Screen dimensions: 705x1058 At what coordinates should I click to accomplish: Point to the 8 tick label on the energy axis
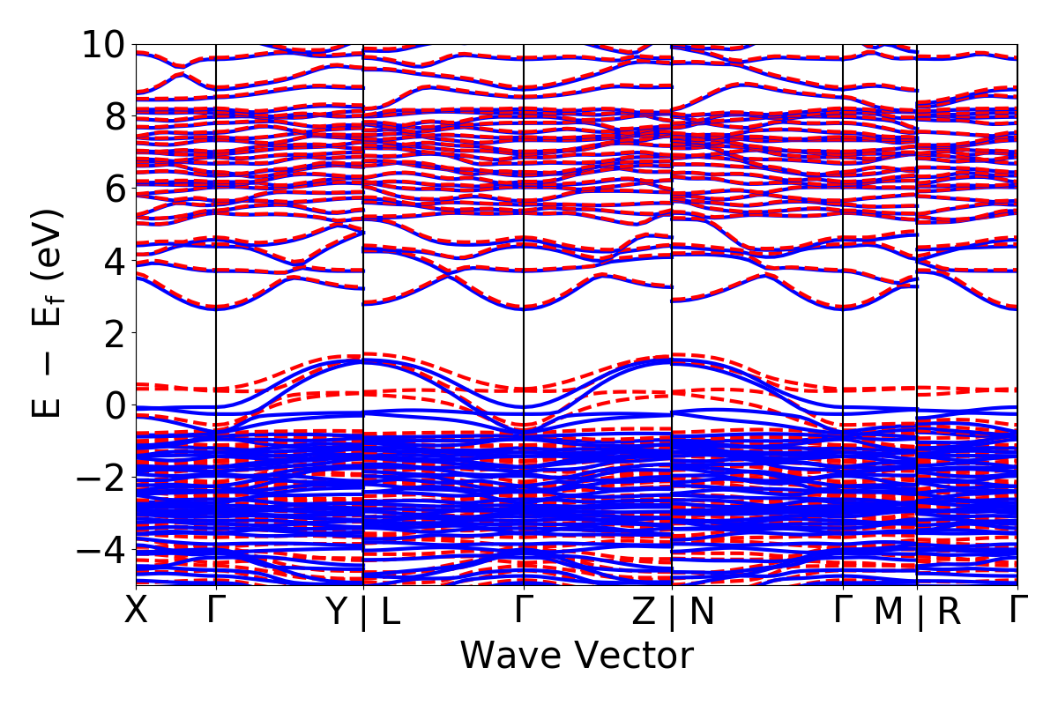(x=115, y=116)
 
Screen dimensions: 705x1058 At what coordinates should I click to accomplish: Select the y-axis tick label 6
(x=115, y=189)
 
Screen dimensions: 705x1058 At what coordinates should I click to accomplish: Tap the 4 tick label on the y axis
(x=115, y=261)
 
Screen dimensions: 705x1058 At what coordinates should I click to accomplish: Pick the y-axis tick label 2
(x=115, y=333)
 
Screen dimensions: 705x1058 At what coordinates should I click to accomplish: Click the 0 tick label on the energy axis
(x=115, y=405)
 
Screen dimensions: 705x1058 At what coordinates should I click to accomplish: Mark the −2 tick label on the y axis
(x=104, y=478)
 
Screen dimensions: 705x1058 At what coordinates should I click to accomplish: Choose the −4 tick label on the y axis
(x=104, y=550)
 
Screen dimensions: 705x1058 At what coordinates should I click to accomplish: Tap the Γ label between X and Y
(x=216, y=610)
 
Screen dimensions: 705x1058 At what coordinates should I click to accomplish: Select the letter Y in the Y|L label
(x=338, y=612)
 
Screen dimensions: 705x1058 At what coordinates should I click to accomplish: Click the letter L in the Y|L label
(x=390, y=612)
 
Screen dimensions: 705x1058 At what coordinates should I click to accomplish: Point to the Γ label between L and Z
(x=525, y=610)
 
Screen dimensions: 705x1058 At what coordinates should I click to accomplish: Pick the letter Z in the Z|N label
(x=645, y=612)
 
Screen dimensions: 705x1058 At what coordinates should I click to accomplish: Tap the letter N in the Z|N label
(x=701, y=612)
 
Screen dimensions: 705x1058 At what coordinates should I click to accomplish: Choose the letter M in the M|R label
(x=889, y=612)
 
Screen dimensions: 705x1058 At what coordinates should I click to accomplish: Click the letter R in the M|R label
(x=949, y=612)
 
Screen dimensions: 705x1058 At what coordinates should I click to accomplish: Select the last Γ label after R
(x=1019, y=610)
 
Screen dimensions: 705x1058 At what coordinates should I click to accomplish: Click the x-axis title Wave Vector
(x=577, y=657)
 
